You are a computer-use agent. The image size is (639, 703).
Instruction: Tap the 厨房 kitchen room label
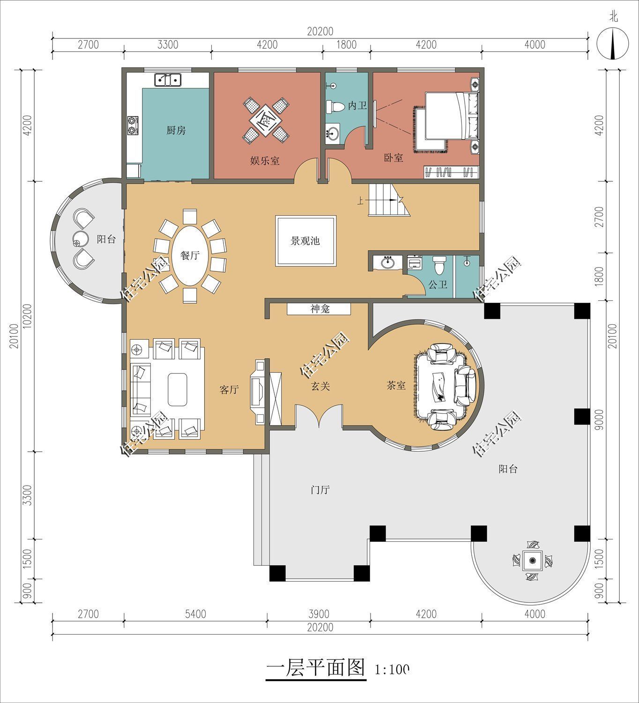pos(176,130)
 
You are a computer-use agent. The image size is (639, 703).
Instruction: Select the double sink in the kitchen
pos(168,80)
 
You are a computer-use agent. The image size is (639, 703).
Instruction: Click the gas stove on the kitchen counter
pos(133,125)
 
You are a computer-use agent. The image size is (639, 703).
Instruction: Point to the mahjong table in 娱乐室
pos(265,120)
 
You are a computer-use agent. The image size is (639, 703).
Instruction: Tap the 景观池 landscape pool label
pos(305,241)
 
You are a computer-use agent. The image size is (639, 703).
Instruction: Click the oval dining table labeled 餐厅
pos(190,256)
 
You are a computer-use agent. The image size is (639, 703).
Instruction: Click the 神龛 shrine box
pos(319,309)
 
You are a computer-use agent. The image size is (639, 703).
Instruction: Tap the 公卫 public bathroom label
pos(438,284)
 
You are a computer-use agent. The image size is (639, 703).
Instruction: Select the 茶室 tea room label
pos(396,385)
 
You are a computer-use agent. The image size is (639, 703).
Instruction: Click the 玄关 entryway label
pos(321,386)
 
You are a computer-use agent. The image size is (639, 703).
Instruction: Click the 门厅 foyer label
pos(320,490)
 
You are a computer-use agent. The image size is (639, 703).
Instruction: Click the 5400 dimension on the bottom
pos(195,614)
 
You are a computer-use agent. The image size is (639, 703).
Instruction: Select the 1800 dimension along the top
pos(347,45)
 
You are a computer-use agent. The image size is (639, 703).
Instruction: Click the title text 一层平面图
pos(315,668)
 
